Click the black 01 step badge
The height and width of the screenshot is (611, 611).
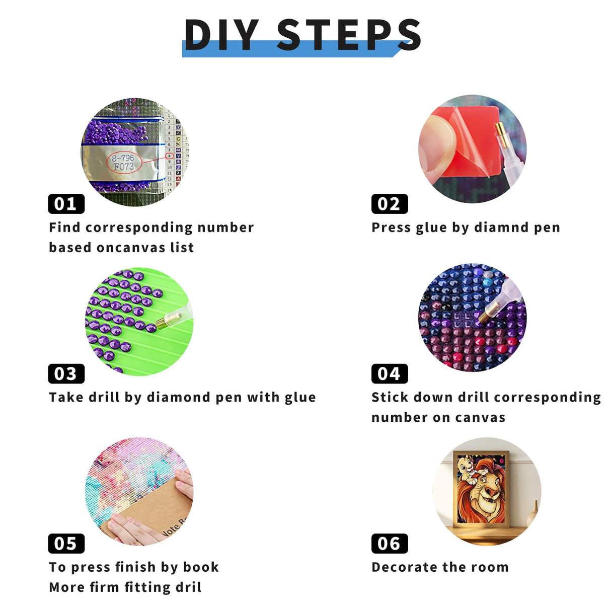pyautogui.click(x=66, y=203)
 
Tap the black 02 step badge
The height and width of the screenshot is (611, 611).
pyautogui.click(x=390, y=203)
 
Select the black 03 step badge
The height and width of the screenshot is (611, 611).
pyautogui.click(x=66, y=373)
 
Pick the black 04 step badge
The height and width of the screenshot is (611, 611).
pyautogui.click(x=390, y=373)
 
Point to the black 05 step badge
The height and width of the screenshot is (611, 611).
pyautogui.click(x=66, y=544)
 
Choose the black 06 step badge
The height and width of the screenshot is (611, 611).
pyautogui.click(x=390, y=544)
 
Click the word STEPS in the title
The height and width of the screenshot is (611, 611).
pyautogui.click(x=349, y=35)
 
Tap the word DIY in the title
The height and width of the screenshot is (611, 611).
pyautogui.click(x=222, y=35)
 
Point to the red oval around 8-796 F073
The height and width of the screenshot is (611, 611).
pyautogui.click(x=123, y=163)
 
